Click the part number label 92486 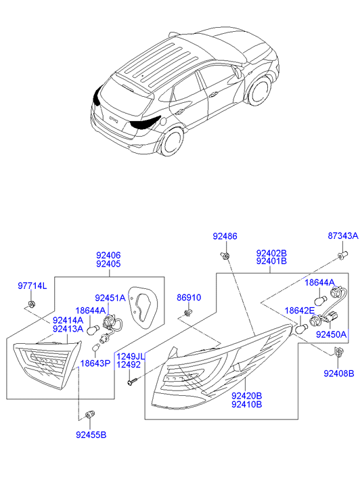tap(225, 236)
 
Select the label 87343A tap(343, 236)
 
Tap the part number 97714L tap(32, 286)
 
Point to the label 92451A tap(110, 298)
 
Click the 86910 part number tap(189, 297)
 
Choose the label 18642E tap(299, 310)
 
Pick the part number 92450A tap(331, 334)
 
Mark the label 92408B tap(338, 373)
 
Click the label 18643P tap(95, 363)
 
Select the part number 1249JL tap(131, 356)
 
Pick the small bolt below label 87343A tap(342, 254)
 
